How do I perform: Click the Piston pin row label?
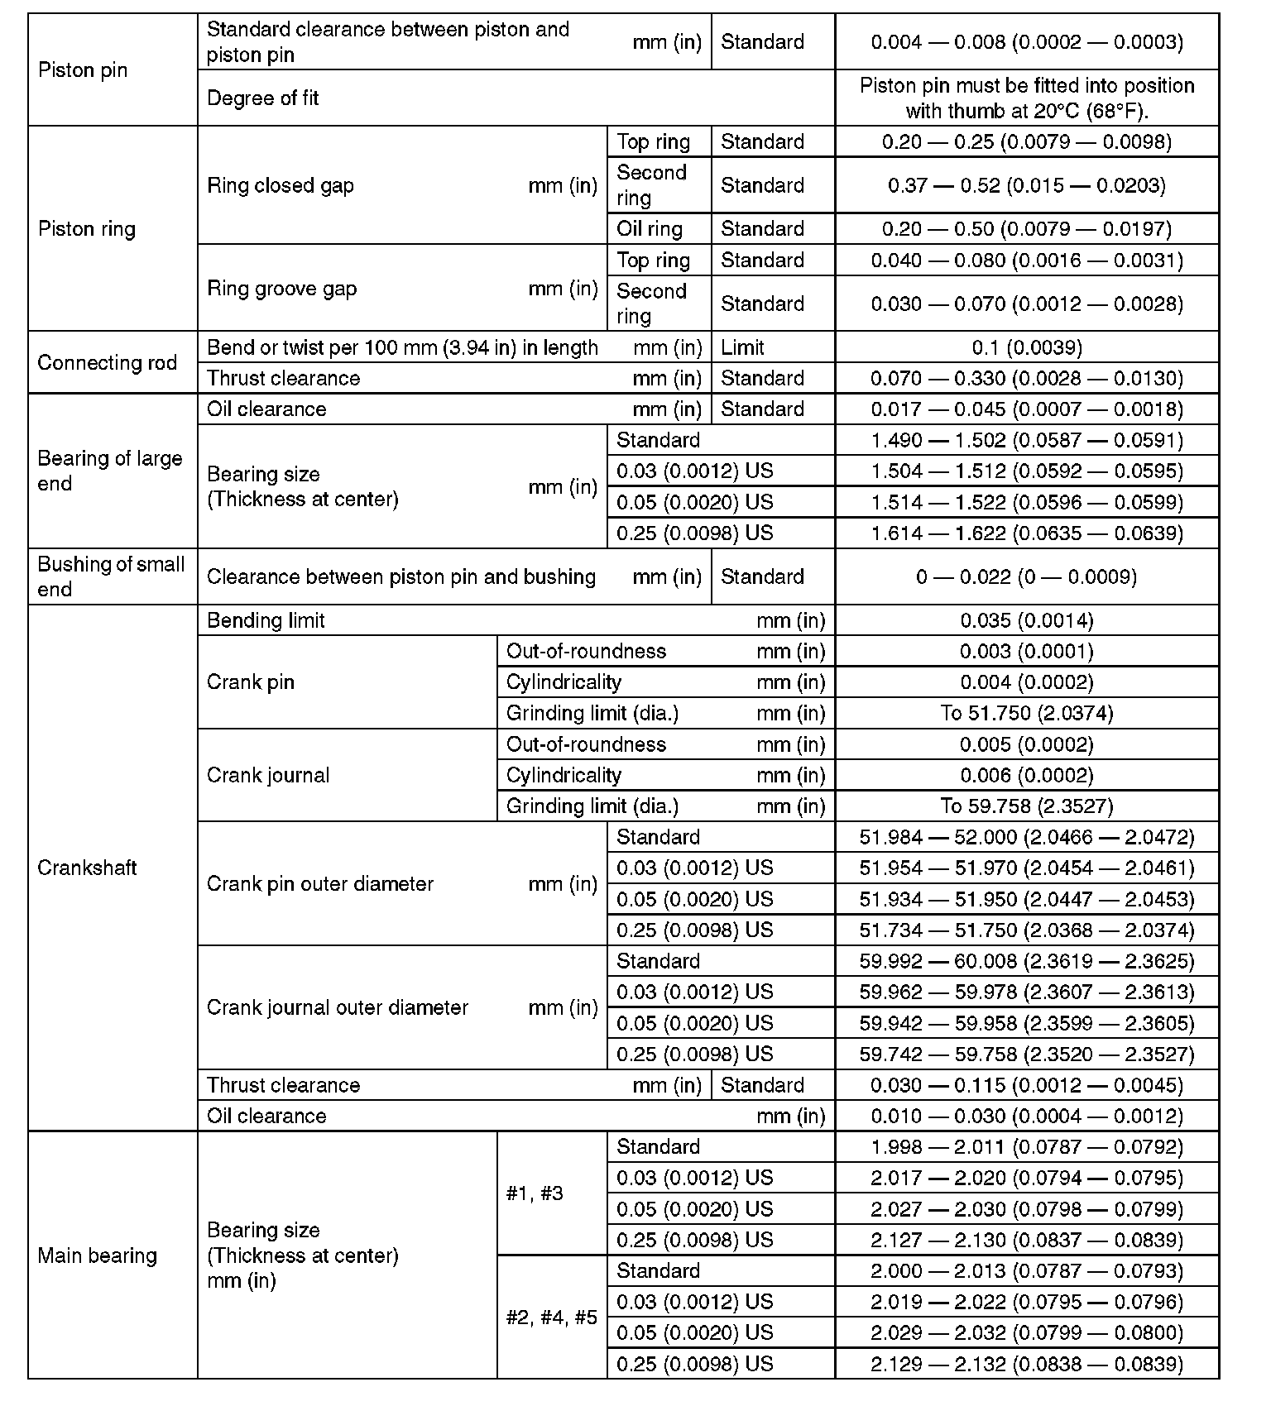pos(83,70)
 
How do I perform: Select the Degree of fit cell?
pos(263,98)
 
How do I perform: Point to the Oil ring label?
pos(650,229)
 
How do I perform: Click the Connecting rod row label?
pos(107,363)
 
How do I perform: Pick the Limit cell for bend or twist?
pos(742,348)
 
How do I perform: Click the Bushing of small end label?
pos(111,576)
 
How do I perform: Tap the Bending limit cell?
pos(266,621)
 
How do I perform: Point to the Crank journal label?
pos(268,776)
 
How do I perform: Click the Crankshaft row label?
pos(87,868)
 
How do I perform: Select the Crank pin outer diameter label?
pos(320,884)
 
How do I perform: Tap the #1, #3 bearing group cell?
pos(535,1193)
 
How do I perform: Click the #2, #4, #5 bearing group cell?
pos(551,1318)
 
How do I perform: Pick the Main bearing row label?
pos(97,1255)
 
